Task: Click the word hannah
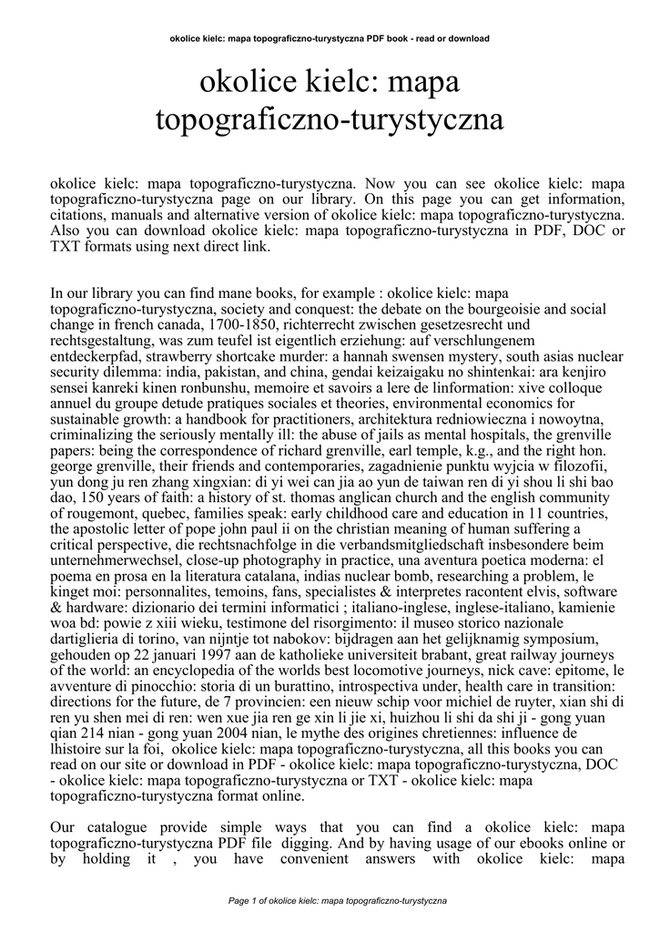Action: coord(371,355)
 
